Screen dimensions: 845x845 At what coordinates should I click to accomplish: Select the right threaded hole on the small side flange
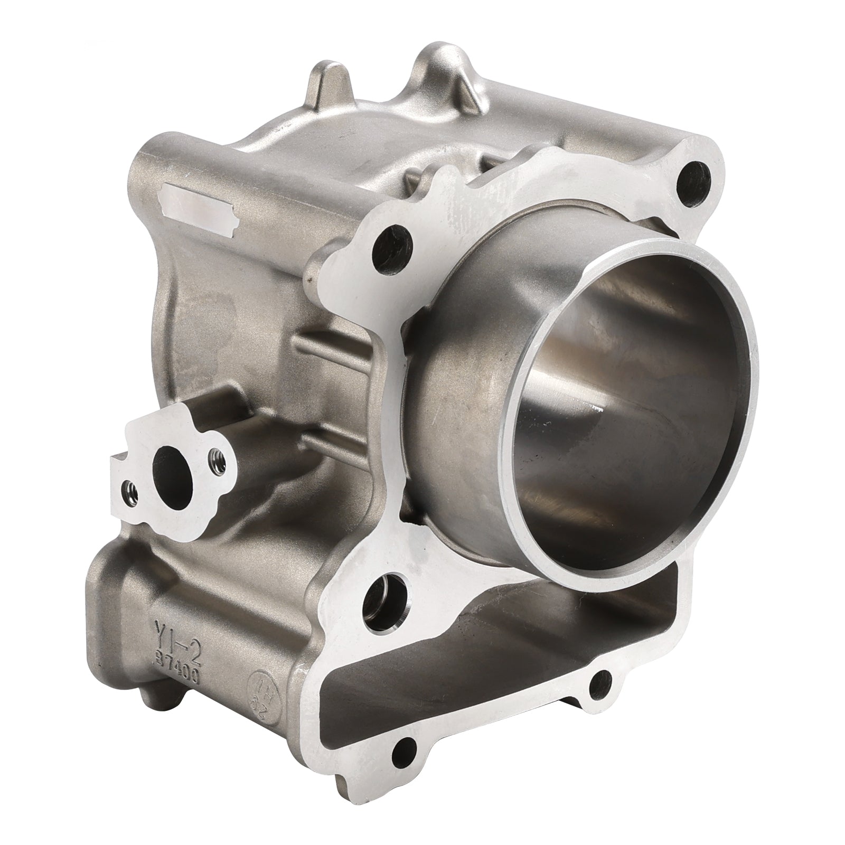[214, 454]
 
